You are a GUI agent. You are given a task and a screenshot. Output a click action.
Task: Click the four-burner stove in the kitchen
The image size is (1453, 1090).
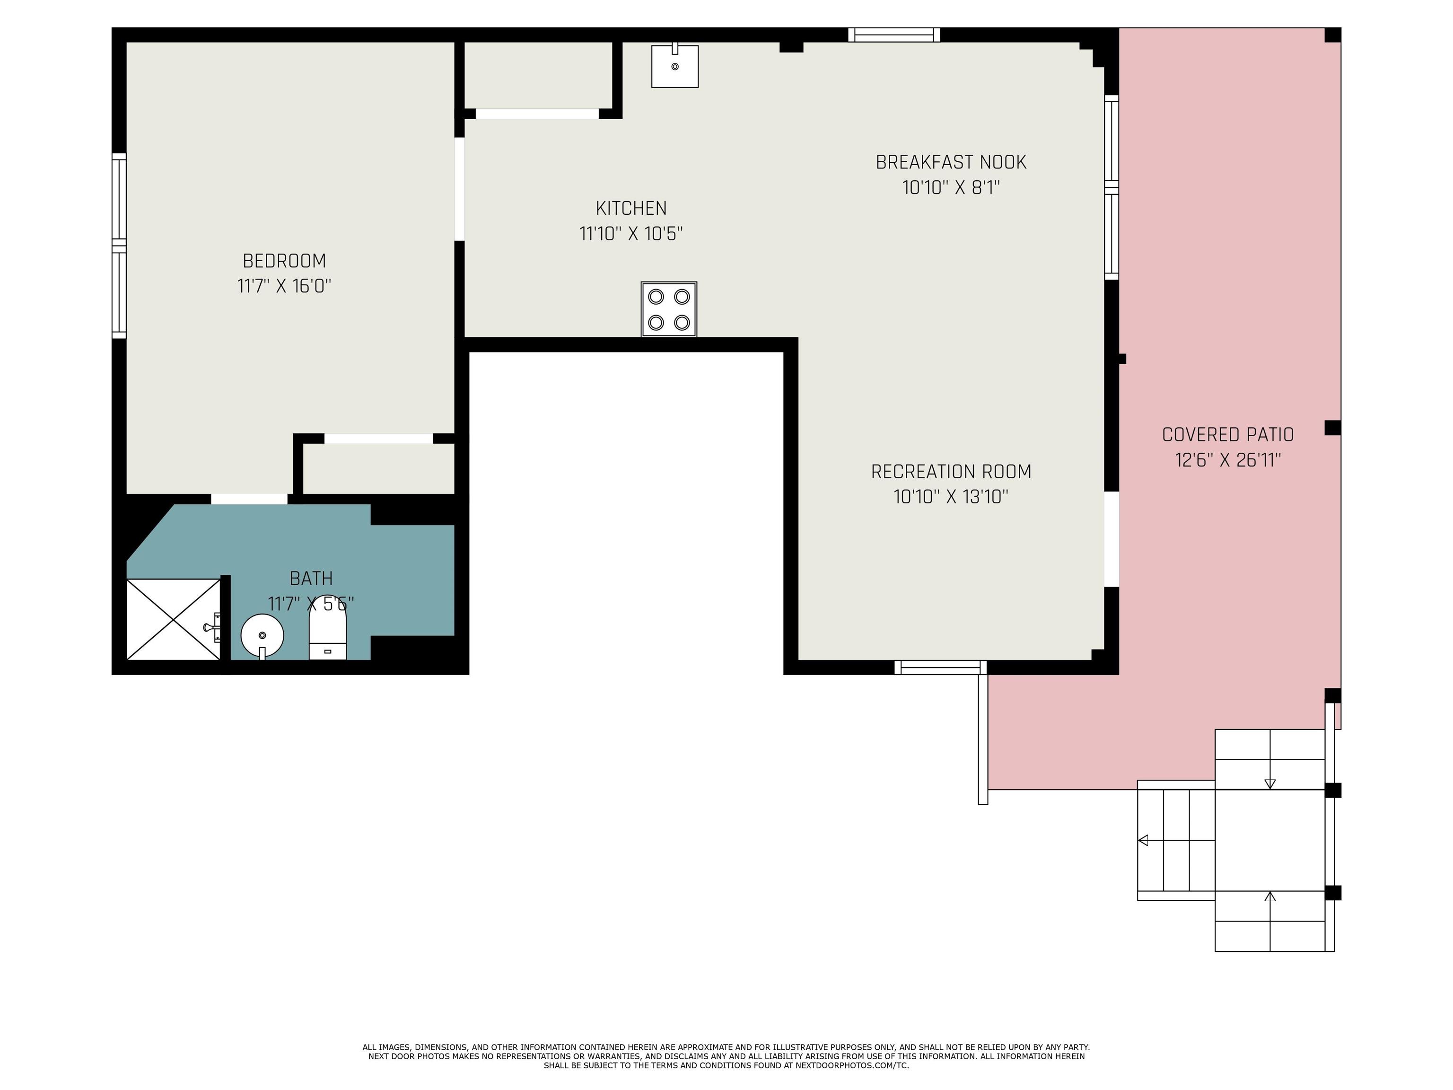point(669,309)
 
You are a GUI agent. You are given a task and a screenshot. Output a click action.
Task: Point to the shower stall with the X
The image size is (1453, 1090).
point(174,619)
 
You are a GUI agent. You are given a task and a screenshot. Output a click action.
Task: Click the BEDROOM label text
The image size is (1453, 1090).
point(284,261)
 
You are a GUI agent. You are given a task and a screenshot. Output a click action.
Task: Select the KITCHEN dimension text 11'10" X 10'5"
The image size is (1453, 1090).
point(631,233)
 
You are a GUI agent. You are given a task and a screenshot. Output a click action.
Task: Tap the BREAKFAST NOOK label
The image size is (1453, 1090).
point(951,162)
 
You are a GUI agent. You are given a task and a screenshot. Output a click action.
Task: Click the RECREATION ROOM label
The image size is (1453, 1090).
point(951,472)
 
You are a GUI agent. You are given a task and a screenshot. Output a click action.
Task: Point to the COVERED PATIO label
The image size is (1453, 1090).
point(1228,434)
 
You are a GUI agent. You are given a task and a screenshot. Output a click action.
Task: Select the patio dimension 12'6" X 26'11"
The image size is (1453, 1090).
point(1228,460)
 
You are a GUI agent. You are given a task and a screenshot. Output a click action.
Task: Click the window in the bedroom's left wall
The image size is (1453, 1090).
point(119,246)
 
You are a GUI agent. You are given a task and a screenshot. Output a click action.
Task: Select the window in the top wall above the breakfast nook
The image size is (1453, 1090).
point(894,35)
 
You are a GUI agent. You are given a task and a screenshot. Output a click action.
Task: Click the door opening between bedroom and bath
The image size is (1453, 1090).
point(249,499)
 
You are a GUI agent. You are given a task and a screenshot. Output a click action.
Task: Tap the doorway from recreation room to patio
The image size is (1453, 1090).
point(1112,539)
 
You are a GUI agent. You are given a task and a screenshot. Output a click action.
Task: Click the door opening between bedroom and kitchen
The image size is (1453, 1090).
point(460,189)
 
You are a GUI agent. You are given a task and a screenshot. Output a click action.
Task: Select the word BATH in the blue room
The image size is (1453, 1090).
point(311,578)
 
